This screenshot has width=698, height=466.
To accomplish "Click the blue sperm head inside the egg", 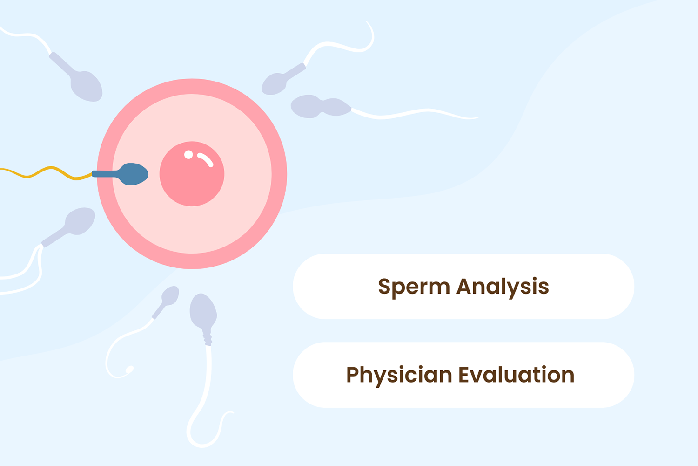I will click(134, 174).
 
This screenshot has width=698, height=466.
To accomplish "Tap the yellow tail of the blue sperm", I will click(47, 171).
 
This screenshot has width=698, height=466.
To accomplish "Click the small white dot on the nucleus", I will click(188, 155).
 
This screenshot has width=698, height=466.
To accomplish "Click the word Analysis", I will click(503, 287).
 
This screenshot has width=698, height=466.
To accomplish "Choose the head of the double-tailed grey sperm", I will click(81, 221).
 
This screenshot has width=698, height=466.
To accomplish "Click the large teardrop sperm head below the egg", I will click(203, 310).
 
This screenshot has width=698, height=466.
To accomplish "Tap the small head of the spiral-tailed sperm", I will click(170, 295).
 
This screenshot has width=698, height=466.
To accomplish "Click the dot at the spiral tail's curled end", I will click(129, 370).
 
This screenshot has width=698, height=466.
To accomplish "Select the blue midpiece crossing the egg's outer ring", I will click(105, 174).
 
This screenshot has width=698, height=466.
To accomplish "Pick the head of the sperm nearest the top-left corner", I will click(87, 86).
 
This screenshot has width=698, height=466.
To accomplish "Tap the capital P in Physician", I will click(353, 374).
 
